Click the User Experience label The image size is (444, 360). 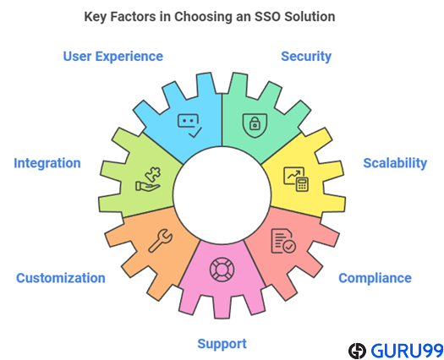point(113,57)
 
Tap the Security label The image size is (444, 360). point(306,57)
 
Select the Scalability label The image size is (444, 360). point(395,163)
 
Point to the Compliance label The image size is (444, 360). point(375,278)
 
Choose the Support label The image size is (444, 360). point(222,344)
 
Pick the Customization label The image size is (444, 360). point(61,278)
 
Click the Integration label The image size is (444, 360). point(47,163)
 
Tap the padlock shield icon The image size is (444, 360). point(255,125)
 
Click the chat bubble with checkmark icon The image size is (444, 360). point(189,126)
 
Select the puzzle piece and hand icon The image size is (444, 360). point(148,179)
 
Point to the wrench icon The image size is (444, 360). point(161,241)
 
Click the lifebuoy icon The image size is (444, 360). point(222,270)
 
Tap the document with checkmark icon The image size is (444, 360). point(283,241)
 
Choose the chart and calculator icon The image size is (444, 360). point(296,179)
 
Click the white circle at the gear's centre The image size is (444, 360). point(222,195)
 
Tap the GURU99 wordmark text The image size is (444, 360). point(407,351)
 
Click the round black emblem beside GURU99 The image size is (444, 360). point(358,351)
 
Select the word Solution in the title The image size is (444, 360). point(310,16)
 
